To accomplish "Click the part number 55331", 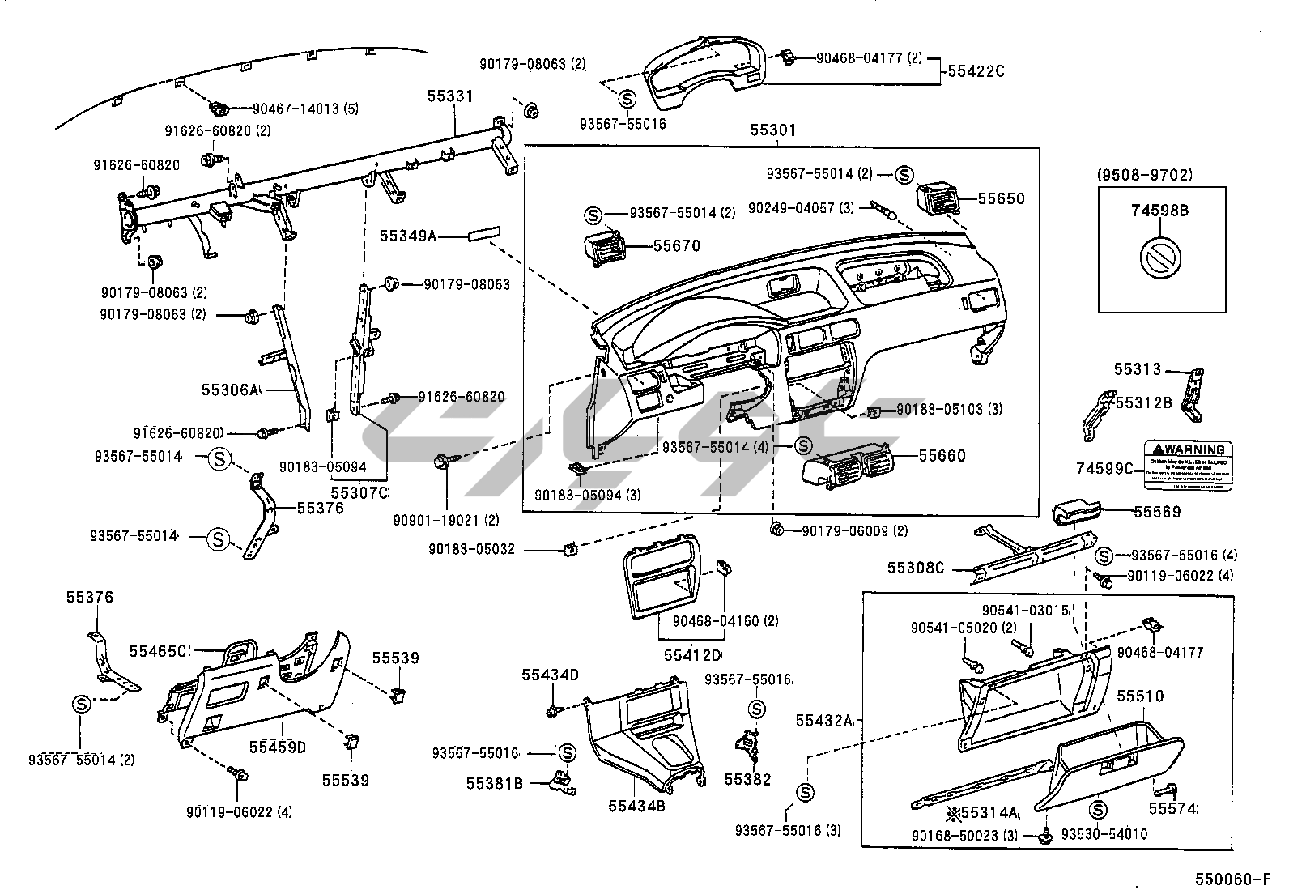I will point(450,96).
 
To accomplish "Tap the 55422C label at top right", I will point(975,71).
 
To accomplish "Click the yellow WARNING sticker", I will point(1188,465).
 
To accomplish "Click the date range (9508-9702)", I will point(1145,175).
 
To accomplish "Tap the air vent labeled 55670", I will point(602,246).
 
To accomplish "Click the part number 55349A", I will point(408,236).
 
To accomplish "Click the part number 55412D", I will point(692,654).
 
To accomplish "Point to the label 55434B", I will point(636,806).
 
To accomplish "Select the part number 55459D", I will point(277,747).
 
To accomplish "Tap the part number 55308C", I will point(915,568).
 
